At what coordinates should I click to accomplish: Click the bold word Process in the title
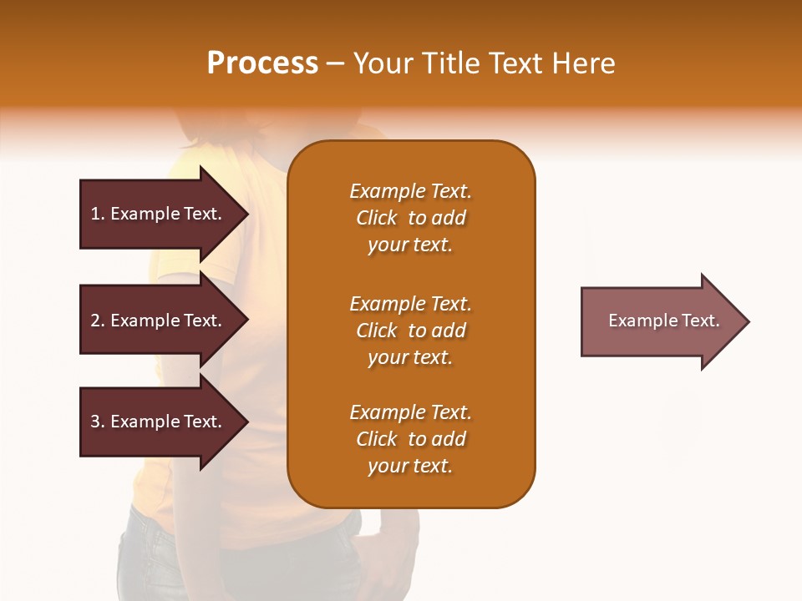tap(262, 63)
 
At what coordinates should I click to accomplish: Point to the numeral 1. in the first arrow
tap(98, 214)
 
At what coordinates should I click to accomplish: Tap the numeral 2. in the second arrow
tap(98, 321)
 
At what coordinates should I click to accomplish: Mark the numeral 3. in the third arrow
tap(98, 422)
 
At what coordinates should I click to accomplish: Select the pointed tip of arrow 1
tap(242, 214)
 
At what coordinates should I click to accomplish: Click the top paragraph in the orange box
tap(410, 218)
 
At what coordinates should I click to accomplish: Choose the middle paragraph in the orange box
tap(410, 331)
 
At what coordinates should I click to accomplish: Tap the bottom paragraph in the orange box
tap(410, 439)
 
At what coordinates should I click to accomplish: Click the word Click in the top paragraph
tap(377, 218)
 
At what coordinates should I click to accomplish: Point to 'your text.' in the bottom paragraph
tap(410, 466)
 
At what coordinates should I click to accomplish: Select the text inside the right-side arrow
tap(663, 321)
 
